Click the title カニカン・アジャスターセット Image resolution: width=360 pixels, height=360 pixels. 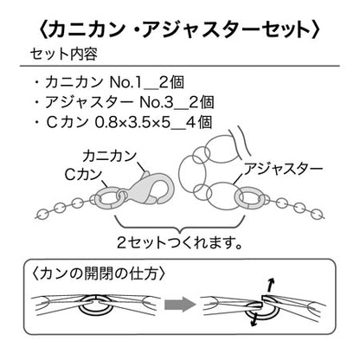[179, 29]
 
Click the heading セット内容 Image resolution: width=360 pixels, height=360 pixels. [64, 54]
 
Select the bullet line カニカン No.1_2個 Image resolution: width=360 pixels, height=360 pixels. [109, 82]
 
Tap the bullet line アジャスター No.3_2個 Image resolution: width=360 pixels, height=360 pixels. [125, 102]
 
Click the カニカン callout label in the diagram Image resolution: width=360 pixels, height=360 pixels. [110, 156]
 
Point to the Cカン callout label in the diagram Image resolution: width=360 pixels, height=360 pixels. [84, 174]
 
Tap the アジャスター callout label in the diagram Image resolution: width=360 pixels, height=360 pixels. [283, 169]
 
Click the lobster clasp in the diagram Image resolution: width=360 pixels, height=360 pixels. [151, 189]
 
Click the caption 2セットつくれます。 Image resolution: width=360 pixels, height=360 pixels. [179, 242]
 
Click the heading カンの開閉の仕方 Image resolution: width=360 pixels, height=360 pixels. [99, 273]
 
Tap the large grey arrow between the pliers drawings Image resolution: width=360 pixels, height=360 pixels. [180, 304]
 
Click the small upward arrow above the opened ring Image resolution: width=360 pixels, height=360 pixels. [270, 286]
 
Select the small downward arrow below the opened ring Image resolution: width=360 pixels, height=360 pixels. [254, 319]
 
